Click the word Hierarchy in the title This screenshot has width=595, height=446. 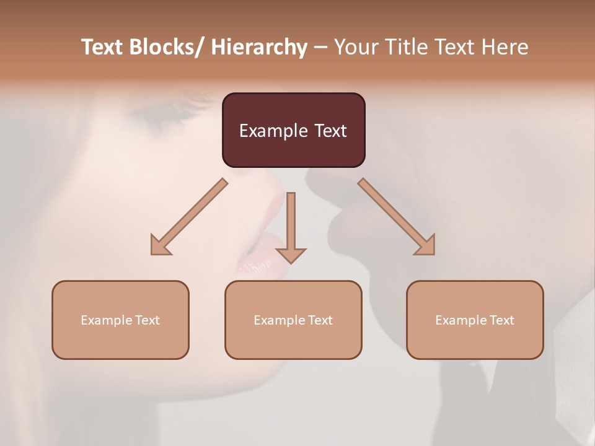pyautogui.click(x=259, y=48)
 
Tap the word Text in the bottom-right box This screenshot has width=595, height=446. pyautogui.click(x=501, y=320)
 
